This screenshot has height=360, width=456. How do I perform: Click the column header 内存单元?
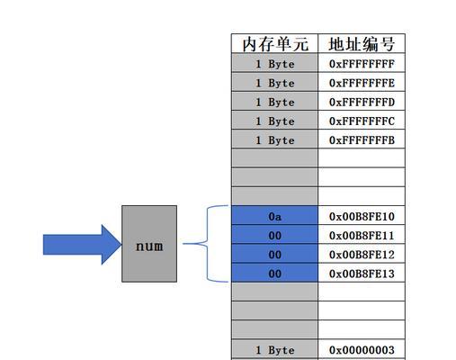coord(275,44)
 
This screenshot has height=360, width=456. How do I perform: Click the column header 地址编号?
coord(362,44)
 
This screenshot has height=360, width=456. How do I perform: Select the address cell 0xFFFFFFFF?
coord(362,64)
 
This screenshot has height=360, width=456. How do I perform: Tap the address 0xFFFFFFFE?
coord(362,83)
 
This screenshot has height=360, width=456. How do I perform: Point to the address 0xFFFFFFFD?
coord(362,102)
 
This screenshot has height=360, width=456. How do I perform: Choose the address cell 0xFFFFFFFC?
coord(362,121)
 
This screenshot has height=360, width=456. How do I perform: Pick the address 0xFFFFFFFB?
coord(362,140)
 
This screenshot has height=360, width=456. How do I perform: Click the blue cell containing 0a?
coord(274,215)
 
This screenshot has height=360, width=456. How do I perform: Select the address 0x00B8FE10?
coord(362,216)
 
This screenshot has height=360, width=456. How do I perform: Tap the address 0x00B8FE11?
coord(362,236)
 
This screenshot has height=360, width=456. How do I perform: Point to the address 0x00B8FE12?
coord(362,255)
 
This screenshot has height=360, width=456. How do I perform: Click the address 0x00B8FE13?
coord(362,274)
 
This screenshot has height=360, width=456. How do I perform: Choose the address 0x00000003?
coord(362,350)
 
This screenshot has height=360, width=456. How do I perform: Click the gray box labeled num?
coord(149,244)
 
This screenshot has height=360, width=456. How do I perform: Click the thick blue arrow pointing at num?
coord(82,245)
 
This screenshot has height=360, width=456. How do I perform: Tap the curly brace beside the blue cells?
coord(208,244)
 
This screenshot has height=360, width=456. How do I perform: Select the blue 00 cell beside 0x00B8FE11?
coord(274,235)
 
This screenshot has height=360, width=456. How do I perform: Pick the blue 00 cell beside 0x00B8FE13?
coord(274,273)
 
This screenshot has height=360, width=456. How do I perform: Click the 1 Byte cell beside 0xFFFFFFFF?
coord(274,63)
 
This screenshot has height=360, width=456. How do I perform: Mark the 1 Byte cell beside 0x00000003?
coord(274,349)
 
